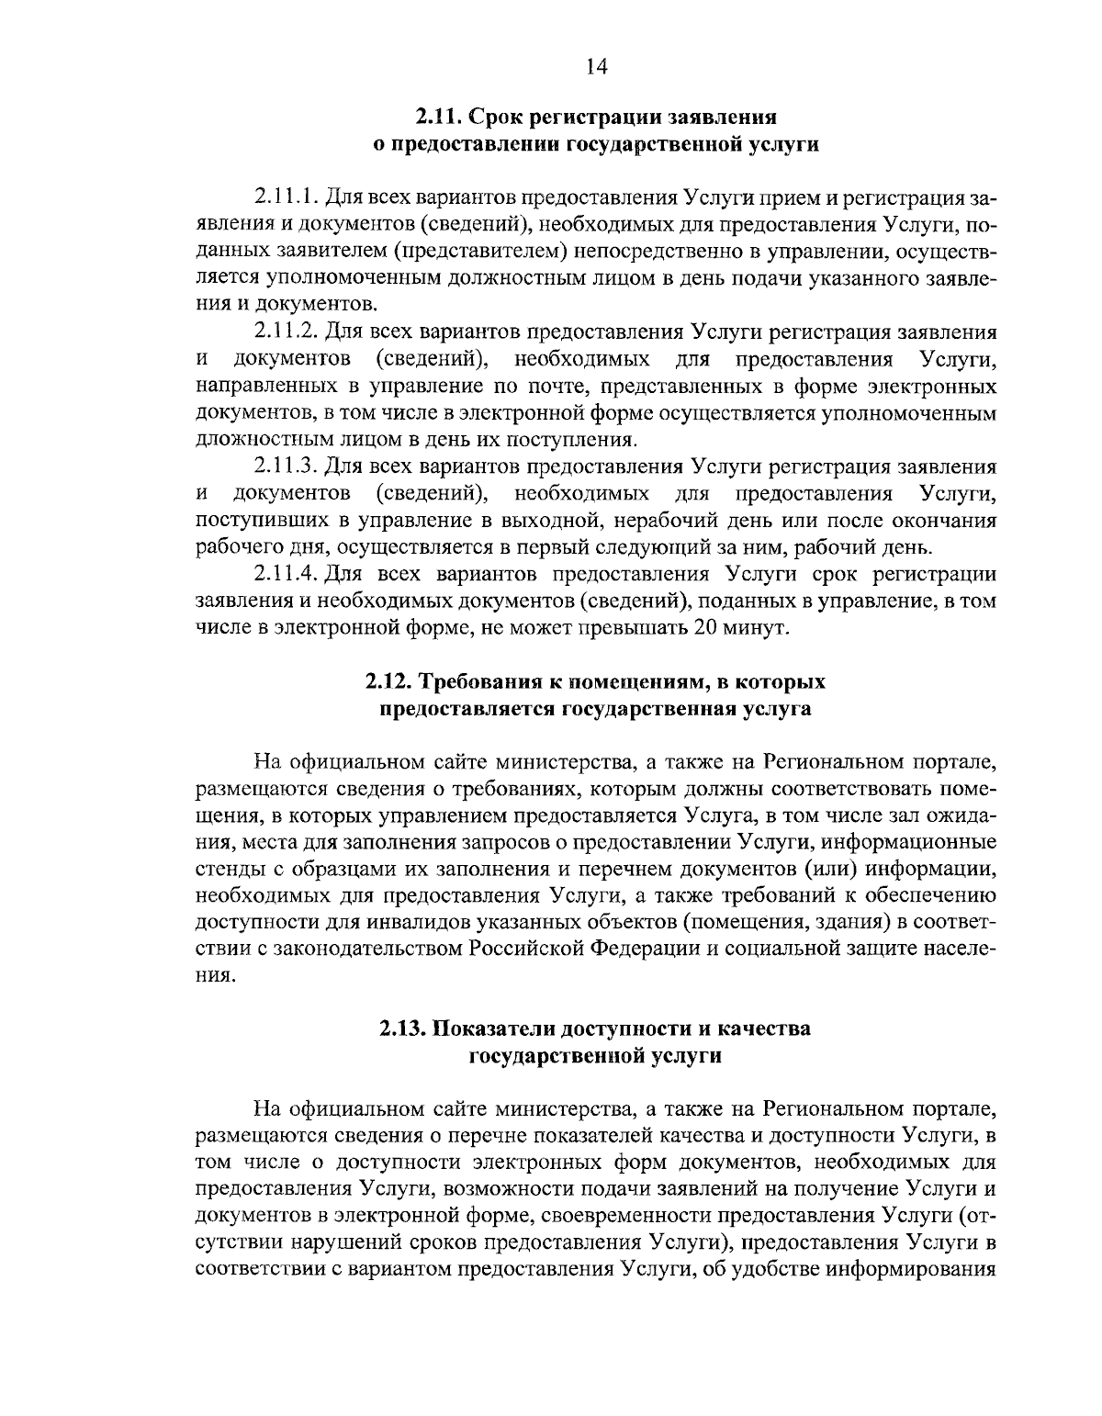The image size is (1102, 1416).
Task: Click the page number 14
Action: tap(596, 65)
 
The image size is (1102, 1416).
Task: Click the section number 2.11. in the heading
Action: tap(438, 117)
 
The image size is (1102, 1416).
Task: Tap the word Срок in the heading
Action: tap(500, 117)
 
